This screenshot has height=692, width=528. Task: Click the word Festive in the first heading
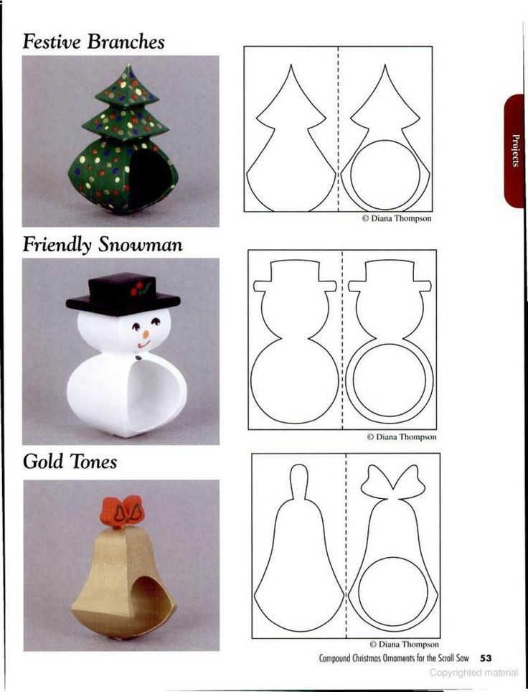click(52, 42)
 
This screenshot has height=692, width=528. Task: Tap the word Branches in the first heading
click(126, 42)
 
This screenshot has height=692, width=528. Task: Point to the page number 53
click(486, 658)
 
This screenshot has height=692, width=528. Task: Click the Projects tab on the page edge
click(515, 150)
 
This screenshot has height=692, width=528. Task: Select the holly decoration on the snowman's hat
click(139, 289)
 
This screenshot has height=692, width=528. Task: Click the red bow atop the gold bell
click(121, 512)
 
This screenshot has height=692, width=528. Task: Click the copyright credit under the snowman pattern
click(402, 437)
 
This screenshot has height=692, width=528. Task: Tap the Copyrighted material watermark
click(473, 673)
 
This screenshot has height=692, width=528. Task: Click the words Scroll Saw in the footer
click(453, 658)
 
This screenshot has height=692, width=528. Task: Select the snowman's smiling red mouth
click(143, 344)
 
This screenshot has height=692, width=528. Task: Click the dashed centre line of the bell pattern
click(346, 546)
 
